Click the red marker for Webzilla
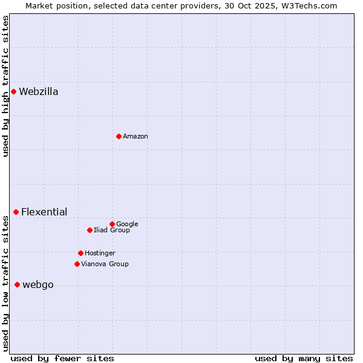[x=13, y=92]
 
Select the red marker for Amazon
[x=119, y=136]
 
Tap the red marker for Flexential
[x=16, y=212]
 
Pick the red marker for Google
[x=112, y=224]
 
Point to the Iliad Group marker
[x=90, y=230]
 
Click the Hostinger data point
[x=80, y=253]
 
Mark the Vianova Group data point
[x=77, y=264]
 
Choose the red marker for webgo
[x=17, y=284]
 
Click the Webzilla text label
[x=39, y=92]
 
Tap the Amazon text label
[x=136, y=137]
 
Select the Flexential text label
[x=44, y=212]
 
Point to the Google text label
[x=127, y=224]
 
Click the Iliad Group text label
[x=112, y=230]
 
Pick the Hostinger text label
[x=100, y=253]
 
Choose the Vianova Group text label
[x=105, y=264]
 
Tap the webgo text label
[x=38, y=285]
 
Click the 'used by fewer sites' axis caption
[x=62, y=358]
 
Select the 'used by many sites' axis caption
[x=304, y=358]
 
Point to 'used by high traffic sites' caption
[x=5, y=86]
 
